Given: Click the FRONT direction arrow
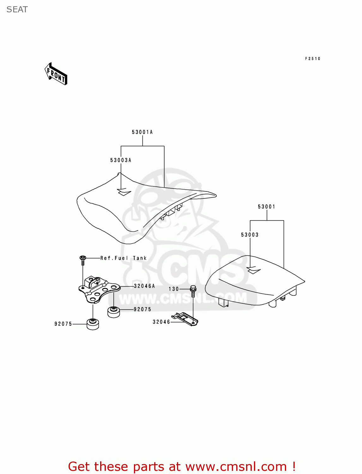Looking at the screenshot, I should (x=56, y=74).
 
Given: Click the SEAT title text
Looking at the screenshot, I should (x=17, y=10).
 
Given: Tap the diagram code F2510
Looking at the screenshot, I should (x=312, y=59).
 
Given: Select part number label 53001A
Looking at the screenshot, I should (x=142, y=132).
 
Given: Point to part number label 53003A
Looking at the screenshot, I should (x=121, y=160).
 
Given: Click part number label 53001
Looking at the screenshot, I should (x=267, y=207).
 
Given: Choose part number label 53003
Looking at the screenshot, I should (x=250, y=235).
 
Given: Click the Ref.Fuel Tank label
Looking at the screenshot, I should (x=124, y=258).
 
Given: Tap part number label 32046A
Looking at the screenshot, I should (x=144, y=286).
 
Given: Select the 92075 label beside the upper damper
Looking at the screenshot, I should (x=142, y=309).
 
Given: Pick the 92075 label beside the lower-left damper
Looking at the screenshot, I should (x=63, y=324).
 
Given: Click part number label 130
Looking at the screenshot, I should (x=174, y=289).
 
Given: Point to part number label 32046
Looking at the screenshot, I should (x=161, y=322).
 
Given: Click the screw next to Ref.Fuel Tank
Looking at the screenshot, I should (x=83, y=260).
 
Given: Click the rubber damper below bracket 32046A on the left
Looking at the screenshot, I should (x=93, y=324).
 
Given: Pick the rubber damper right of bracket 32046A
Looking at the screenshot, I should (x=114, y=312).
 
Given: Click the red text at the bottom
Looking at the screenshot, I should (x=182, y=466).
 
